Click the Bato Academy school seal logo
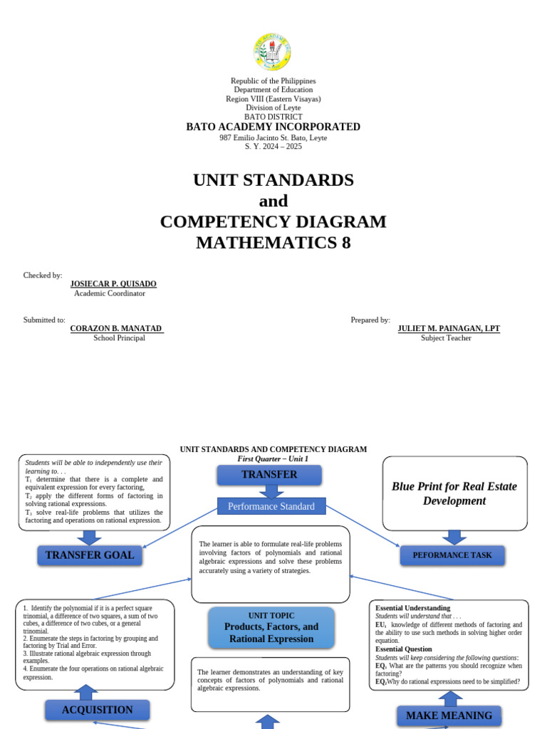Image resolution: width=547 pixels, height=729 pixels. [272, 52]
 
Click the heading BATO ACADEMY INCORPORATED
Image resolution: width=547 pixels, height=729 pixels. [273, 127]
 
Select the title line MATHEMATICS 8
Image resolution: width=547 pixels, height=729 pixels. [273, 243]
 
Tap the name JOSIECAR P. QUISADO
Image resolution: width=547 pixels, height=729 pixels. [113, 284]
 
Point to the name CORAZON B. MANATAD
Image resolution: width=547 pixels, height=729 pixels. [117, 329]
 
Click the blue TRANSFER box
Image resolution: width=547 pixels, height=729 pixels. [269, 475]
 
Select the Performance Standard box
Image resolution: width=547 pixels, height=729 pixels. [271, 507]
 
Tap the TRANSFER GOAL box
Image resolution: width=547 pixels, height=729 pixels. [90, 555]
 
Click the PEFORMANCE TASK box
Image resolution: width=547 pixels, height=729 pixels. [452, 555]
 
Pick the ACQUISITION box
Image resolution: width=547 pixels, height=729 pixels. [98, 710]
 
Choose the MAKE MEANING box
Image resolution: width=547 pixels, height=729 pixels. [449, 715]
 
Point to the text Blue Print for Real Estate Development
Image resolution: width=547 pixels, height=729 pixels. [454, 493]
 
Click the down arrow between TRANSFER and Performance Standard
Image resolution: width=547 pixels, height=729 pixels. [271, 491]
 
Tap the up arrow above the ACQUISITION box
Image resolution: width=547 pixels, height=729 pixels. [86, 692]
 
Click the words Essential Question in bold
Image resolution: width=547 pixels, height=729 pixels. [404, 649]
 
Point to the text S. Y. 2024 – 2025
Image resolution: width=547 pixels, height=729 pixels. [273, 147]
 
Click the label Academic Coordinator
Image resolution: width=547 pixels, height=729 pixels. [110, 293]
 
